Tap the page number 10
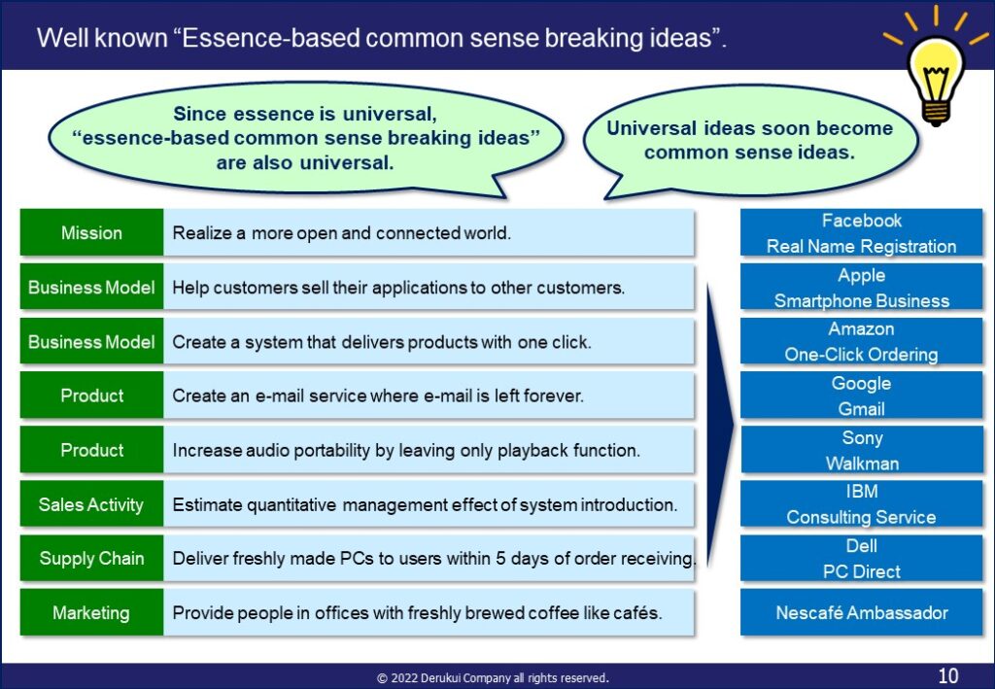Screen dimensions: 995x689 pos(948,675)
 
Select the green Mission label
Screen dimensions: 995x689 pos(92,232)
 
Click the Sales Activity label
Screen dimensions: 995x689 pos(92,504)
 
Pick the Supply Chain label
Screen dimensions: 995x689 pos(92,559)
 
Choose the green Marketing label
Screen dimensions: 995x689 pos(92,612)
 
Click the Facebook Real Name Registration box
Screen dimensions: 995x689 pos(861,233)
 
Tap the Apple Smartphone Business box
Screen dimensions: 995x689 pos(861,288)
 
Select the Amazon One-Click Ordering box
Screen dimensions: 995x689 pos(861,341)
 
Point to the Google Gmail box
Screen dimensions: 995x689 pos(861,396)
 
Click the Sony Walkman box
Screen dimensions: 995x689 pos(861,450)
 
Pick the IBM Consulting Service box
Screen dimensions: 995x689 pos(861,504)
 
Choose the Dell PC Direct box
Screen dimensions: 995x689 pos(861,559)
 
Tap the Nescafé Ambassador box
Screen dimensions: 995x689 pos(861,612)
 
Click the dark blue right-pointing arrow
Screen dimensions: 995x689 pos(720,424)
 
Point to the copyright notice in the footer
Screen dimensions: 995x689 pos(493,677)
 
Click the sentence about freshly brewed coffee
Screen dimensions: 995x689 pos(417,613)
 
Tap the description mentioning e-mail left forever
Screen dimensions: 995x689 pos(378,396)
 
